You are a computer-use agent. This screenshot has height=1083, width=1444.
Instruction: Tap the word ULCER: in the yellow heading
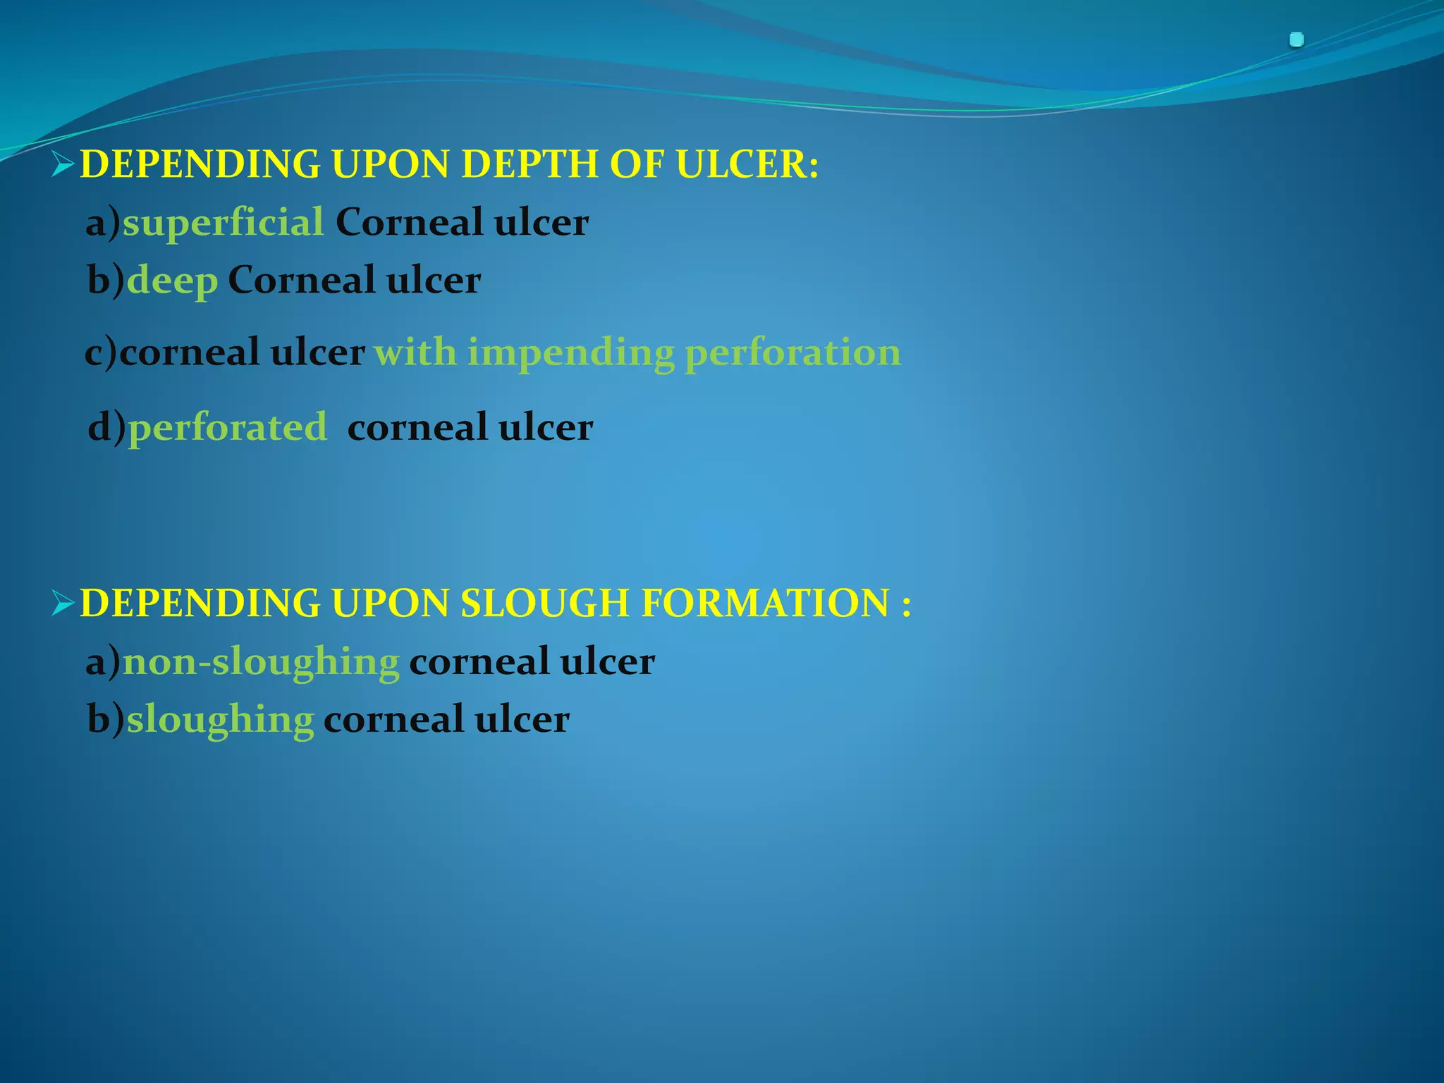747,164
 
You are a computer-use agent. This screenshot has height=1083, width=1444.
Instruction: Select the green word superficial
223,223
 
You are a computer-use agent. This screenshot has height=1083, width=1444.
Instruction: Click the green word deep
172,281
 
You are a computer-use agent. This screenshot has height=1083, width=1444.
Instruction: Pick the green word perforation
793,353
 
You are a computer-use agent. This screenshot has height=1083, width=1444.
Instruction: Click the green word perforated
228,427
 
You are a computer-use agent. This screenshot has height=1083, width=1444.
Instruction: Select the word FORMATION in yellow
766,604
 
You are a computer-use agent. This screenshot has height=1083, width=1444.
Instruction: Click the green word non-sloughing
261,662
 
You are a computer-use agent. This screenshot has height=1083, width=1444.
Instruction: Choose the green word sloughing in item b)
220,720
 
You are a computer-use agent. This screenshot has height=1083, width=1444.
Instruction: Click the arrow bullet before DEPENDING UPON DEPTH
63,165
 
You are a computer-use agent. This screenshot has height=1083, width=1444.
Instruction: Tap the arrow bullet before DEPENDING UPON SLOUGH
63,604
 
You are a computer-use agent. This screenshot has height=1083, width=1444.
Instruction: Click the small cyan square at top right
1296,40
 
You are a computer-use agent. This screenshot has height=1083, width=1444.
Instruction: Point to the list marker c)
101,353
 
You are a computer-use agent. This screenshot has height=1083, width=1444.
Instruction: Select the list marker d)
106,427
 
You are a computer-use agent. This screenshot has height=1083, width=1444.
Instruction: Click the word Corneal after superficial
409,223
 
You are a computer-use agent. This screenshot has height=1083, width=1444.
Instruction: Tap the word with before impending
415,353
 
